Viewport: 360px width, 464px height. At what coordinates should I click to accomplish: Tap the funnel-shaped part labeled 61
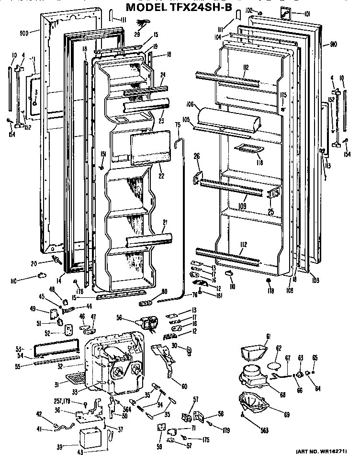point(253,352)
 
